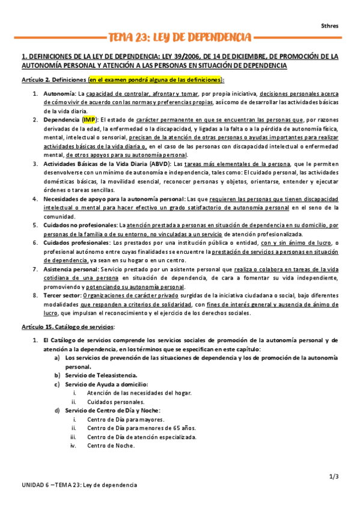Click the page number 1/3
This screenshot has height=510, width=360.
335,476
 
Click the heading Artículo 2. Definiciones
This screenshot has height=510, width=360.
53,79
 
